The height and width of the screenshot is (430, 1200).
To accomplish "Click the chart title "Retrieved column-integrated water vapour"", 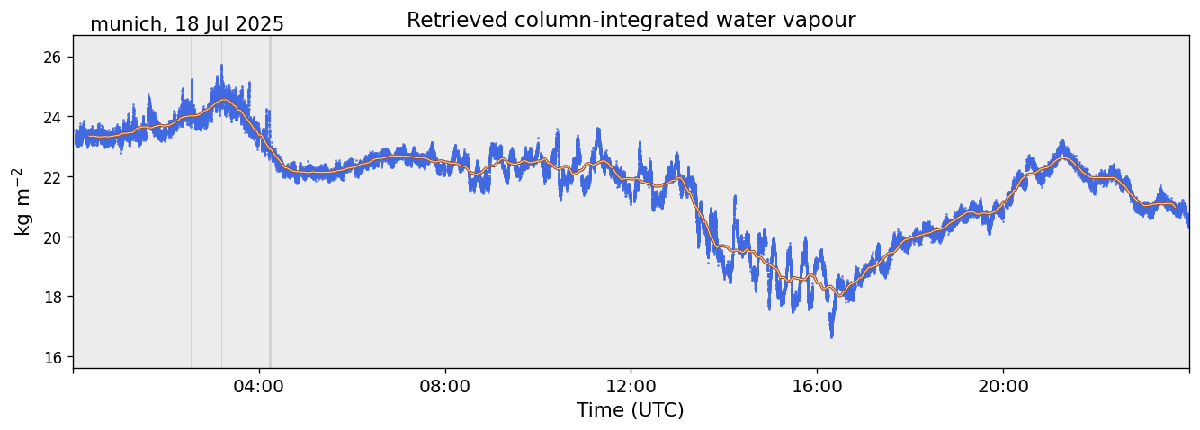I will pos(631,20).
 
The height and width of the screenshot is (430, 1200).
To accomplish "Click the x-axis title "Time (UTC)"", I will pos(630,410).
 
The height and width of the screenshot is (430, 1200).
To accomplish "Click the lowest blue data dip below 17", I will pos(831,336).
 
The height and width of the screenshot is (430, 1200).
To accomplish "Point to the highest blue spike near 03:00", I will pos(221,67).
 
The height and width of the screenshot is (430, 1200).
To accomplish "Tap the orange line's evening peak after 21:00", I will pos(1063,157).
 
